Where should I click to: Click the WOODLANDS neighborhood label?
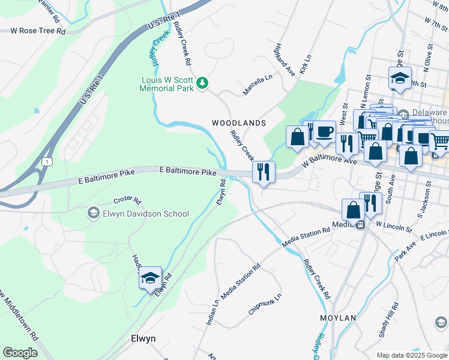tap(238, 123)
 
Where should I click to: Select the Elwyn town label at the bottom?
tap(143, 338)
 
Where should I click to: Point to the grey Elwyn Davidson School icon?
tap(93, 213)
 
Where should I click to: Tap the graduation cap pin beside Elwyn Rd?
tap(150, 278)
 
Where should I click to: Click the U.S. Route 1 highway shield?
tap(47, 161)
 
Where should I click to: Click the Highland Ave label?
tap(286, 59)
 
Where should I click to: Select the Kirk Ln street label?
tap(306, 65)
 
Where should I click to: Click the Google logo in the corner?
tap(20, 353)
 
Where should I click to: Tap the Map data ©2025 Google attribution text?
tap(412, 355)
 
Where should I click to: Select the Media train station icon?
tap(360, 225)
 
